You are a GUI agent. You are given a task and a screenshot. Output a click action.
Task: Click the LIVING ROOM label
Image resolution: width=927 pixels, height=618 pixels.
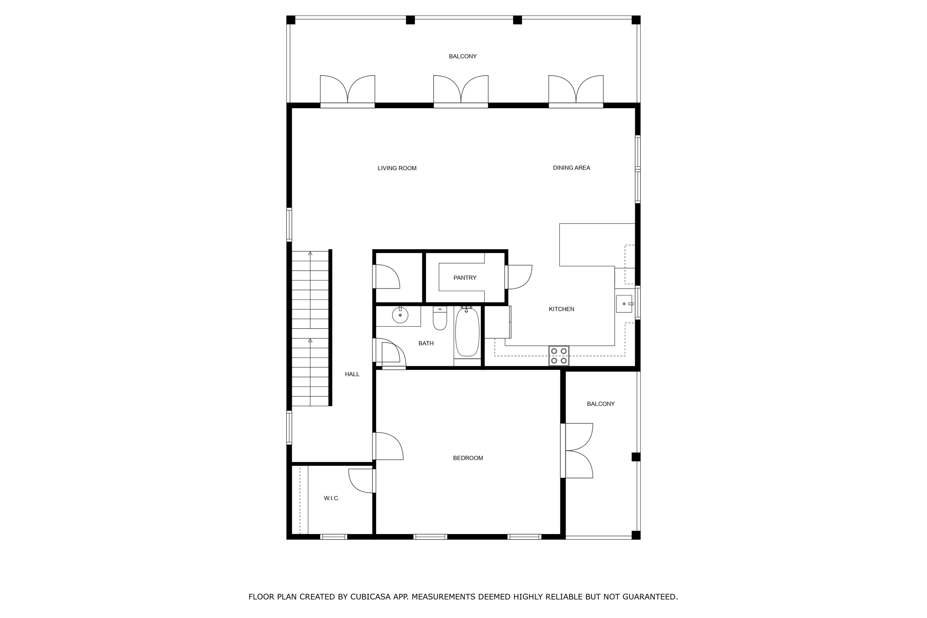[397, 168]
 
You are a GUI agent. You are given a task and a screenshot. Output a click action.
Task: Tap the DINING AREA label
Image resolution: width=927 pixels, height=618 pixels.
[571, 168]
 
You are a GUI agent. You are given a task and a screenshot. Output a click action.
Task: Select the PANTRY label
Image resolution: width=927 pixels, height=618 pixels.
[465, 278]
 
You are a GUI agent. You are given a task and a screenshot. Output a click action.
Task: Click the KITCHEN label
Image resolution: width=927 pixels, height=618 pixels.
[561, 309]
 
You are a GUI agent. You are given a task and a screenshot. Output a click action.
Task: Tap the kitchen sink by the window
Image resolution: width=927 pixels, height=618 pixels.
[624, 304]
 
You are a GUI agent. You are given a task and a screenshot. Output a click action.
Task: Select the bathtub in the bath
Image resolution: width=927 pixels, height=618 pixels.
[467, 333]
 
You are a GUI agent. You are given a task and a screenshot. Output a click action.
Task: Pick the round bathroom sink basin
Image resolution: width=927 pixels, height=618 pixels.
[400, 315]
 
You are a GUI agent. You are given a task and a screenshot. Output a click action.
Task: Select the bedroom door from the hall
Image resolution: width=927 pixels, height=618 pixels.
[388, 446]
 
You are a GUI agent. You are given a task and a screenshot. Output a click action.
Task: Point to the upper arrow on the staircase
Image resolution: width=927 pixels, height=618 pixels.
[310, 254]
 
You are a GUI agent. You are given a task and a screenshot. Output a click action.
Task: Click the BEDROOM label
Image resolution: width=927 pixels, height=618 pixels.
[468, 458]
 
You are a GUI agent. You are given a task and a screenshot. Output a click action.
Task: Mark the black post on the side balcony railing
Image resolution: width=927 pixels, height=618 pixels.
[636, 457]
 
